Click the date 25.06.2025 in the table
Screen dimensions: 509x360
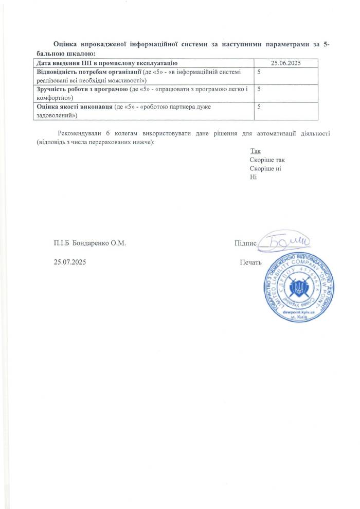click(x=285, y=63)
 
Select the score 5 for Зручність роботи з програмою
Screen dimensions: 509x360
click(x=259, y=89)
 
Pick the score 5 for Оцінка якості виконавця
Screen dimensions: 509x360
click(x=259, y=107)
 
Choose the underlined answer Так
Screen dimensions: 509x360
click(x=256, y=151)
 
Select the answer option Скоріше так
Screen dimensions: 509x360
click(x=267, y=160)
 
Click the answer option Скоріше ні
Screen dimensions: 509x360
click(x=265, y=168)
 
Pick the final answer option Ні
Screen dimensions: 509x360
click(x=253, y=177)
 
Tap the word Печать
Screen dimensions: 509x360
click(x=251, y=262)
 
